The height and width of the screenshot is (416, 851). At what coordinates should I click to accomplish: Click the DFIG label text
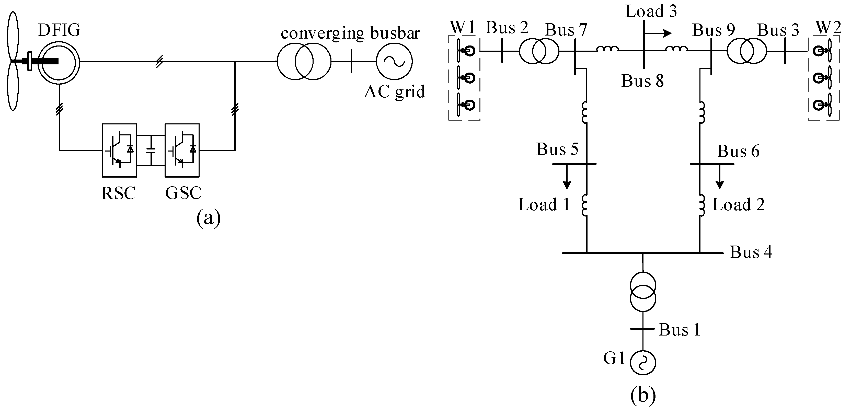pos(59,30)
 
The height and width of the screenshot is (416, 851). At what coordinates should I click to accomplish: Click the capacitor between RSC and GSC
pos(151,150)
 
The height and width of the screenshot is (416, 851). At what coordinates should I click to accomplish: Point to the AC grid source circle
pos(394,61)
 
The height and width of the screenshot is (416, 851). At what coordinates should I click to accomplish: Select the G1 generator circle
pos(642,363)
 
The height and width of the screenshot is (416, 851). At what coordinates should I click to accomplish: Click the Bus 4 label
pos(751,252)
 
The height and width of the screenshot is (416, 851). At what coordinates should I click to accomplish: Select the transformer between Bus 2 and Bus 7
pos(539,51)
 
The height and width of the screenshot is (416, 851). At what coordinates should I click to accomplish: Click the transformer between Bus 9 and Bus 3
pos(747,51)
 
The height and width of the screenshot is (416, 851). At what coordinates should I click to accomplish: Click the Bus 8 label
pos(642,81)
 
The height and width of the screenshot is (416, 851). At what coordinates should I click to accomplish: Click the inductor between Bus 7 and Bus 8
pos(607,50)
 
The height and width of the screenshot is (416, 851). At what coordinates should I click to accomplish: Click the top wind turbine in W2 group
pos(824,51)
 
